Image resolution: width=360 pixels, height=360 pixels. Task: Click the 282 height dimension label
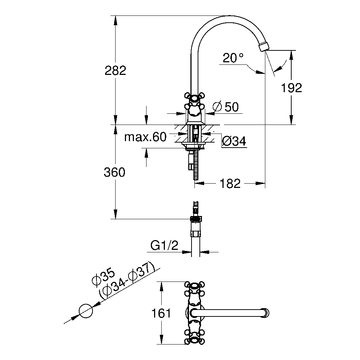[116, 71]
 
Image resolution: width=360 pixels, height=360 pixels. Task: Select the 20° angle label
[233, 58]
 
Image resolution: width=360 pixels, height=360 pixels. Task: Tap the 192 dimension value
[292, 88]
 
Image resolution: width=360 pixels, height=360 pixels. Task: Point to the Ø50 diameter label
[226, 107]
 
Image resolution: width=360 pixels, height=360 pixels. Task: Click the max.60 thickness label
[145, 137]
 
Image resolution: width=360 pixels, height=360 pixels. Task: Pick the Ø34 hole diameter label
[234, 141]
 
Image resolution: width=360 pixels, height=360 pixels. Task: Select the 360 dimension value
[114, 172]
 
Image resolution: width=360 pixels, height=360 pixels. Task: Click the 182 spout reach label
[230, 184]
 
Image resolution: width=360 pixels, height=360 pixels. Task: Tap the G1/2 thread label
[165, 246]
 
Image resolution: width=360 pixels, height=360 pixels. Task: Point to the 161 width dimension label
[161, 313]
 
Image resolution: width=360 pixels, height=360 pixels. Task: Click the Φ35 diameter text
[103, 277]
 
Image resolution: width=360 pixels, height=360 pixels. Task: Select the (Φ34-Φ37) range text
[127, 280]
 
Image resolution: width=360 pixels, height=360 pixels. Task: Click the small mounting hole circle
[86, 311]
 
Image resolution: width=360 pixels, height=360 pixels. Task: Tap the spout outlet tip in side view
[264, 46]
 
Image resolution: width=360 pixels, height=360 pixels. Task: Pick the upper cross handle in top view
[194, 291]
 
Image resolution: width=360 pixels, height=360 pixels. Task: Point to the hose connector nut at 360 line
[196, 219]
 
